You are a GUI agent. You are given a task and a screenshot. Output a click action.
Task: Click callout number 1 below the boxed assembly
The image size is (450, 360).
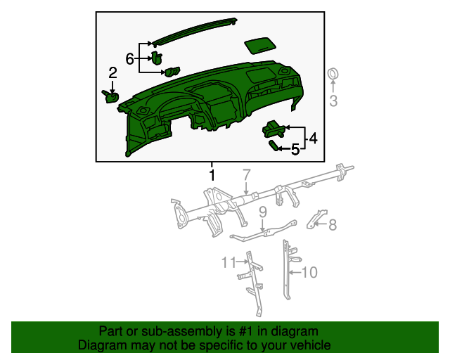point(211,173)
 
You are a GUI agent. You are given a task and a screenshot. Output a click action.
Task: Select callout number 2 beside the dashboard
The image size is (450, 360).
point(112,72)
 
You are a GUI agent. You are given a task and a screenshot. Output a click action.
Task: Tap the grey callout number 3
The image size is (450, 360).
point(334,100)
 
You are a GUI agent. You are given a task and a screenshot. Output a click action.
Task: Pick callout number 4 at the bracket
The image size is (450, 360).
point(312,139)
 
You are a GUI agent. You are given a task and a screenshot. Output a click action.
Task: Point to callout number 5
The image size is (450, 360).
point(295,149)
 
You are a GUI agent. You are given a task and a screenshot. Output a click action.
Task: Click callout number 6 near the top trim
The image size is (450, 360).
point(130,59)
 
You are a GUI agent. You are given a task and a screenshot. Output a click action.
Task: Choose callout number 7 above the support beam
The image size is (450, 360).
point(246,174)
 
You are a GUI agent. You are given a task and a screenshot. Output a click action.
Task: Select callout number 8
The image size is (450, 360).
point(333,225)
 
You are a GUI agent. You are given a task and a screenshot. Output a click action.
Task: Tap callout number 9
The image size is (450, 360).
point(262,211)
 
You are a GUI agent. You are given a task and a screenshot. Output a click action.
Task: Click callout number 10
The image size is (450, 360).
point(310,271)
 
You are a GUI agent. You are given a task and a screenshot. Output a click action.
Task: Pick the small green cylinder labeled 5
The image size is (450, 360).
point(274,145)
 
